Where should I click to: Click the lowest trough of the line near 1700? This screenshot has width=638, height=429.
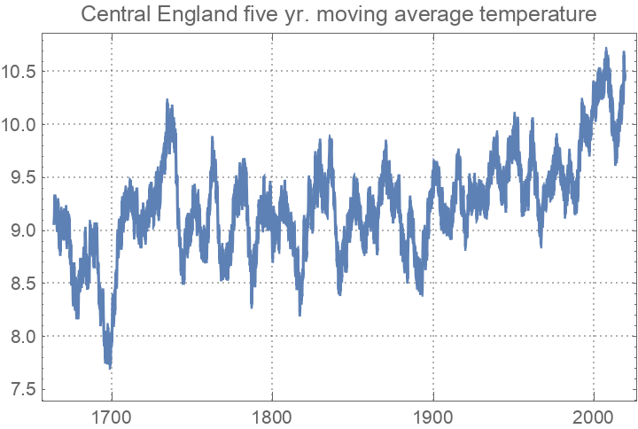tap(110, 365)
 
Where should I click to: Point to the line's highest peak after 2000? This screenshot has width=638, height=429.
tap(606, 49)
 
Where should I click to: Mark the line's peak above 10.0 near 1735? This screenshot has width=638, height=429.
tap(167, 100)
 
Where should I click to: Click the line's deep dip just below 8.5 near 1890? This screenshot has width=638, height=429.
tap(421, 294)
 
